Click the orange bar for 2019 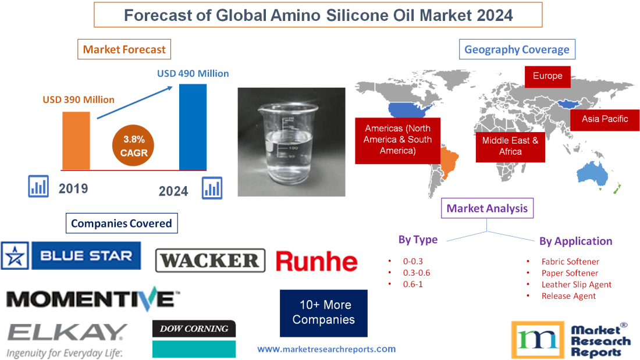76,141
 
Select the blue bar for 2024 193,127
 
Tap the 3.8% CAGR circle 134,146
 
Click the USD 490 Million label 193,74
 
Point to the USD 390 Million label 79,99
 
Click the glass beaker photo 291,141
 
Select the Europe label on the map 547,76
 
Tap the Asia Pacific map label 605,119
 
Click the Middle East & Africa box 510,146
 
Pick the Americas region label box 397,139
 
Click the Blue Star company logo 71,256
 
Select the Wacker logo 210,261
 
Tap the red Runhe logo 317,261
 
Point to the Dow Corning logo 194,329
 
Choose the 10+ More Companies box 323,313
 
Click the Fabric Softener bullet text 570,262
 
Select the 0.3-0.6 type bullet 416,272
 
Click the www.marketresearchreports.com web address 326,349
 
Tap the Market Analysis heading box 487,208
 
